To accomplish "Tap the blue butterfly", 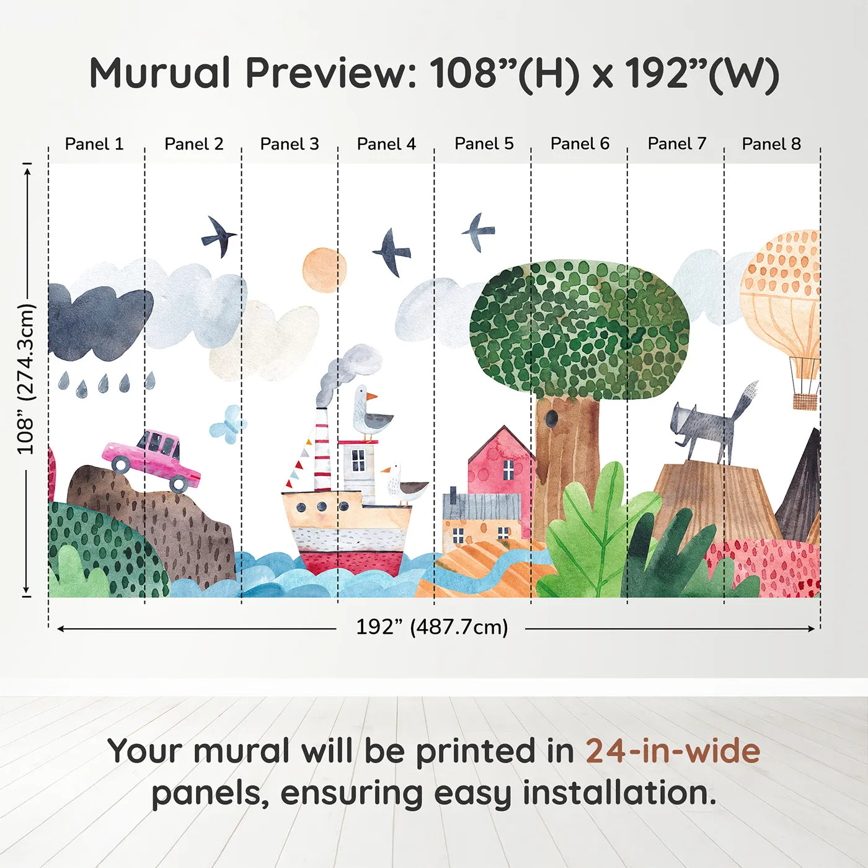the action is [x=228, y=424].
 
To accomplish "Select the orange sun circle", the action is [x=325, y=270].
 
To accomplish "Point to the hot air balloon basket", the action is [x=805, y=402].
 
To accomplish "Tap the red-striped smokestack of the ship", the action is [x=322, y=450].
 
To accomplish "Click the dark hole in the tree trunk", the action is [x=551, y=419].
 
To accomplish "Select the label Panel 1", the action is [x=94, y=144].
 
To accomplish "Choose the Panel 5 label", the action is [x=484, y=144].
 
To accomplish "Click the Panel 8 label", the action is [x=771, y=144].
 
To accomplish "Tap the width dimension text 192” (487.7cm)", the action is [x=432, y=627].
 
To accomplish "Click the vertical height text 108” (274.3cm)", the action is [x=25, y=379].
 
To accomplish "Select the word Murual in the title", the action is [x=160, y=73].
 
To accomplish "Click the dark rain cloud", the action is [x=100, y=322].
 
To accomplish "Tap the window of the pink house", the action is [x=508, y=469].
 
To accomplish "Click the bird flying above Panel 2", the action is [x=219, y=236].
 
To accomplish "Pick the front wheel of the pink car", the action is [x=179, y=484].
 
